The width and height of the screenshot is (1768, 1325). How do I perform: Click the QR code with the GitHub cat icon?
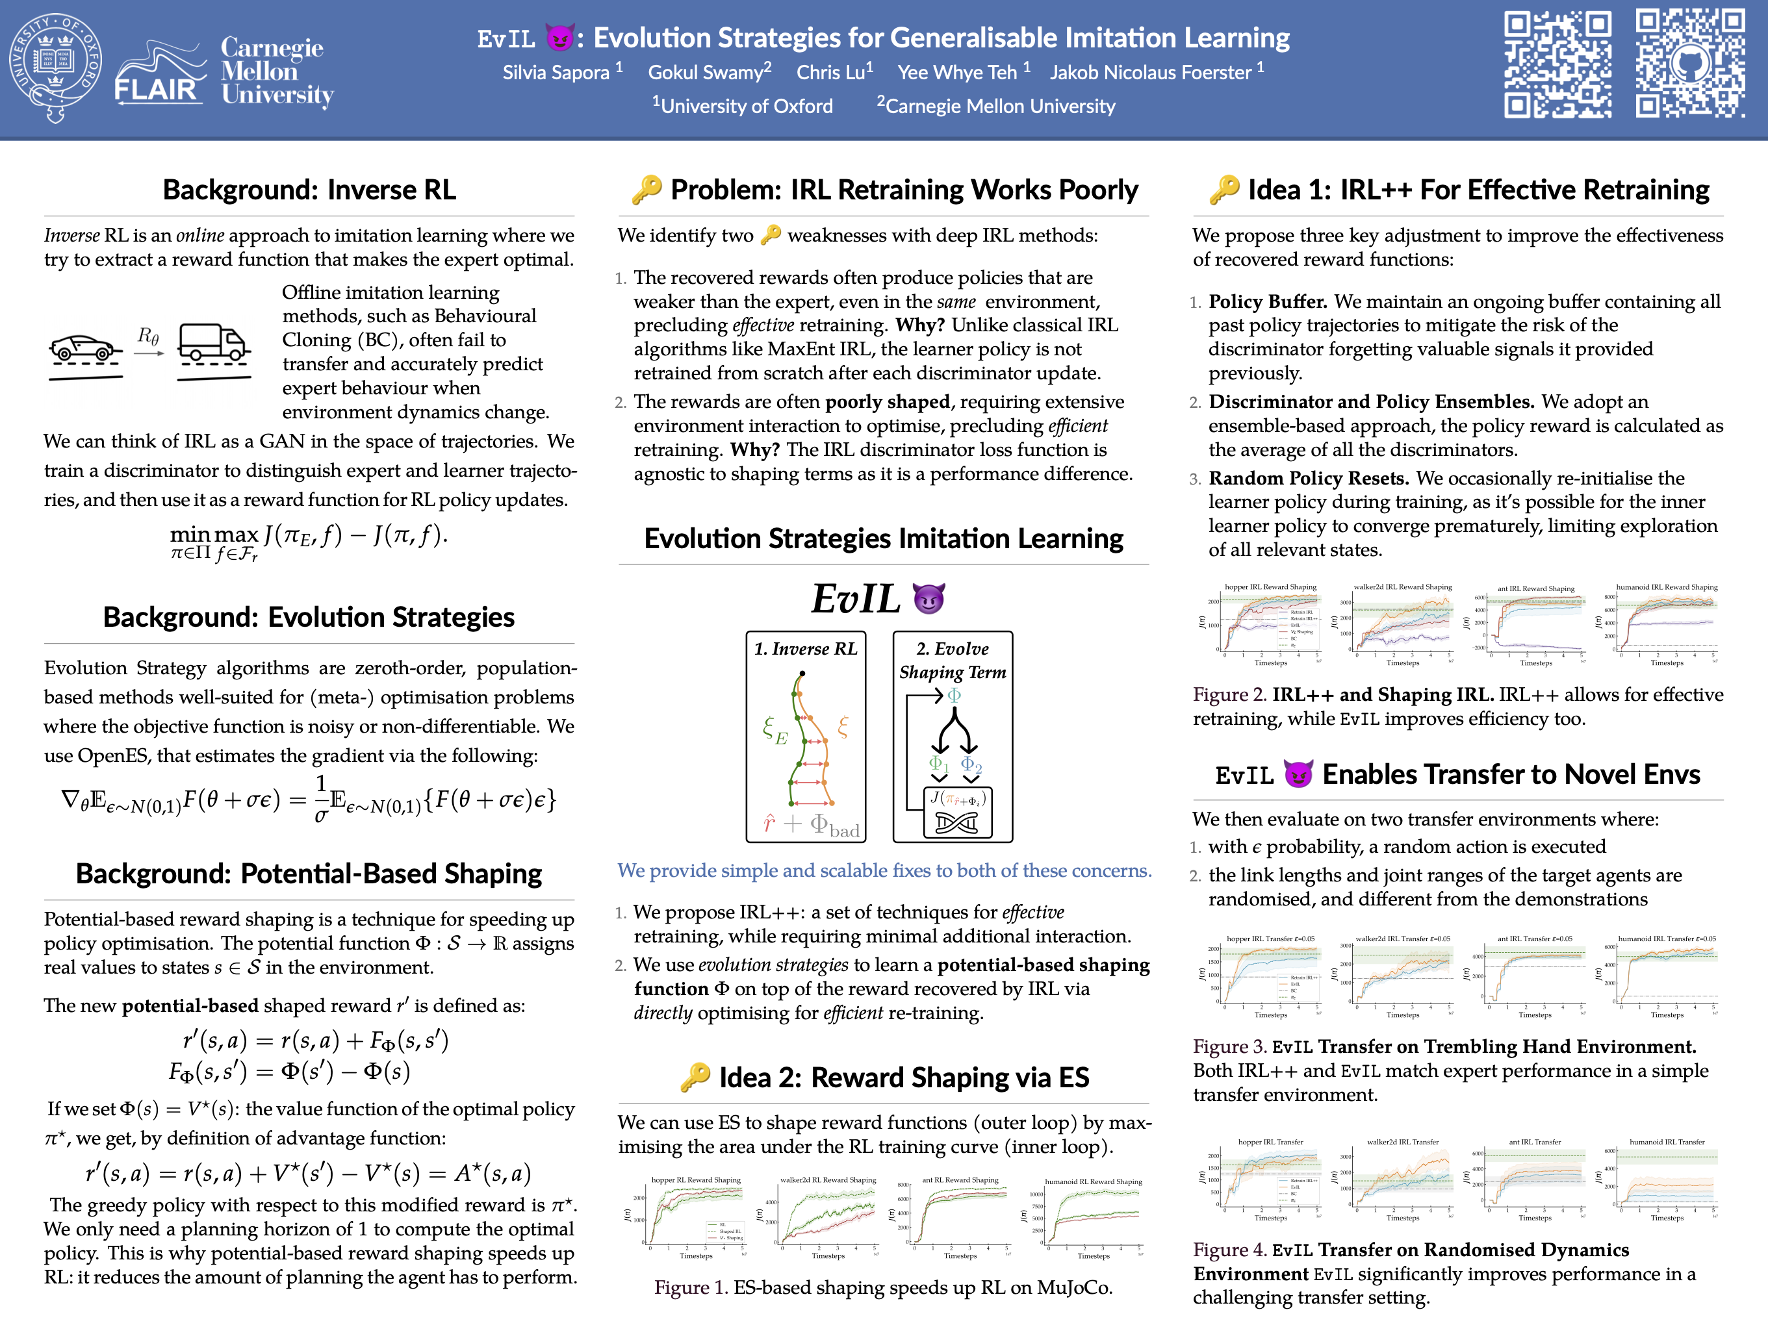pos(1689,63)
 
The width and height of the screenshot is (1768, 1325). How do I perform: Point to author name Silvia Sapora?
pos(556,73)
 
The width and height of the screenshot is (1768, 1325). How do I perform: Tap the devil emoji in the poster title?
pos(559,38)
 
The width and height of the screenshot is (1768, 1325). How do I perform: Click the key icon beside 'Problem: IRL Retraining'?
pos(647,190)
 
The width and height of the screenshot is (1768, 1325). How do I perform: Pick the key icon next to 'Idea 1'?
pos(1224,190)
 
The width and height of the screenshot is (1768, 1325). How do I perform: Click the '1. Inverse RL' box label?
pos(805,649)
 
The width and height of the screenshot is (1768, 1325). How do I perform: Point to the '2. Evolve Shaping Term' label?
pos(952,660)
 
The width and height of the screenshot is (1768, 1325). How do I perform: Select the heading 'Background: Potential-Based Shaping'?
pos(309,874)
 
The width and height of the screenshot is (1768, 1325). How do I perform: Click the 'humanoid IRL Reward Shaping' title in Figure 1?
pos(1094,1181)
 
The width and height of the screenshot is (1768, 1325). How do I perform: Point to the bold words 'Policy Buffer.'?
pos(1268,301)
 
